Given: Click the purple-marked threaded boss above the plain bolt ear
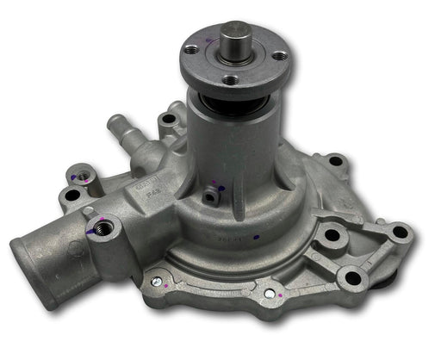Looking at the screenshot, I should click(80, 177).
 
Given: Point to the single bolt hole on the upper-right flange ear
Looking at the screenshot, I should click(335, 161).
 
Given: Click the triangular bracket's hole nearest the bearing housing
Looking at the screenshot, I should click(331, 233).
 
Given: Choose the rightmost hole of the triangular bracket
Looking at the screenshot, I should click(398, 232).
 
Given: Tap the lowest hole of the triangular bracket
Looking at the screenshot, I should click(352, 277).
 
